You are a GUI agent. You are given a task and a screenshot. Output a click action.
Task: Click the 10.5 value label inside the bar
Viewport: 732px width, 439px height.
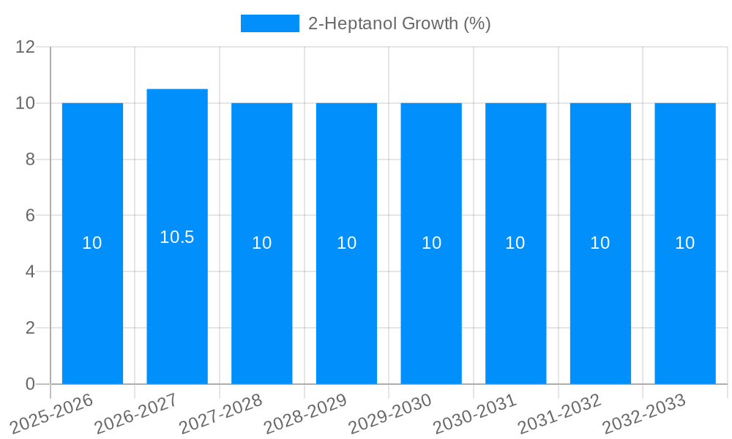177,237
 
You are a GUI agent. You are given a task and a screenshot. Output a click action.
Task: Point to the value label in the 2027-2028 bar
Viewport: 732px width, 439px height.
262,243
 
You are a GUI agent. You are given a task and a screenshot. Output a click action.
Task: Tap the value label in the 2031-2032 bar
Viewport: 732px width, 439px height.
600,243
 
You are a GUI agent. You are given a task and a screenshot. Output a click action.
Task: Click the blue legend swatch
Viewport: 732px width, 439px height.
270,23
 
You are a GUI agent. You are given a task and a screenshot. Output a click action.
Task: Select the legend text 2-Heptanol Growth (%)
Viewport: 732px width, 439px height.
399,23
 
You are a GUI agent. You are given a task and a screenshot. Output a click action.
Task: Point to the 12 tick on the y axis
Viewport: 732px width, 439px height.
26,47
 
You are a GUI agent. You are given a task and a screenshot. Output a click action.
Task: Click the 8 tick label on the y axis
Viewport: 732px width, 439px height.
30,160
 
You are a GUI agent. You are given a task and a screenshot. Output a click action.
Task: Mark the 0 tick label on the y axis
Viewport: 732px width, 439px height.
30,384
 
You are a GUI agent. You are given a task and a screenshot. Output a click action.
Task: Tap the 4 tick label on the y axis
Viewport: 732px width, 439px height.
30,271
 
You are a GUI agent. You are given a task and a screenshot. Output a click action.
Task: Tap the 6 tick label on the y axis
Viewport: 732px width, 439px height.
30,216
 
